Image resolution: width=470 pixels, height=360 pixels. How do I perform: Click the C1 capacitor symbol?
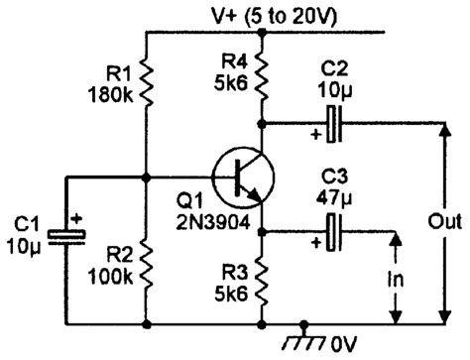66,236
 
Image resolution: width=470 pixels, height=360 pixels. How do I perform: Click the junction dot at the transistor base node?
146,179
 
